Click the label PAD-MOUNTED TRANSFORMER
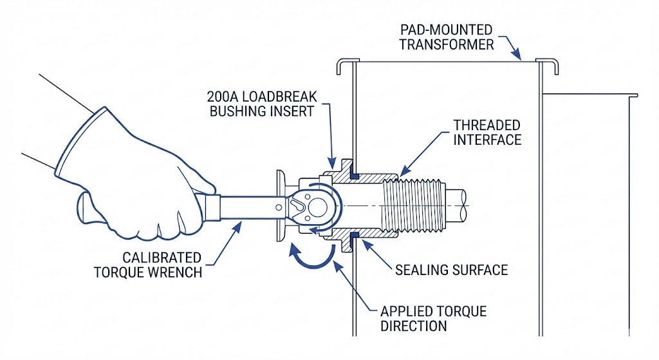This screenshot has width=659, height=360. [447, 37]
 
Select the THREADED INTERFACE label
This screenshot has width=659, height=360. [487, 131]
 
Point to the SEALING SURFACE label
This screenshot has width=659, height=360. [452, 269]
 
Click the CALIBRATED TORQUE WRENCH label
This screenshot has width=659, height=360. [148, 264]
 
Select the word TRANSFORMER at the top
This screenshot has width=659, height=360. [447, 44]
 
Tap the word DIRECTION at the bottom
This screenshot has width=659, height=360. [413, 325]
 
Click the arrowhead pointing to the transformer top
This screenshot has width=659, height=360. [519, 57]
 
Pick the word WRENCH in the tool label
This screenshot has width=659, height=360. [176, 272]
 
